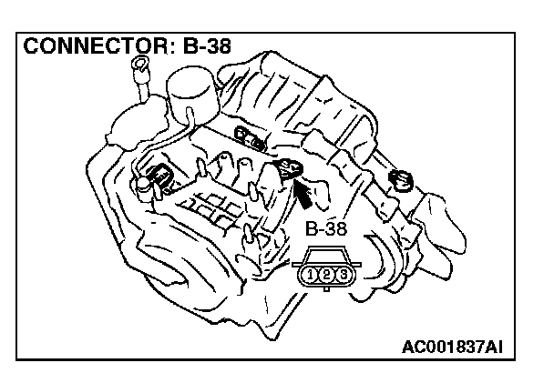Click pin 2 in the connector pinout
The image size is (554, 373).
tap(326, 274)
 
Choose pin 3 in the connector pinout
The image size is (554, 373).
tap(342, 274)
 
